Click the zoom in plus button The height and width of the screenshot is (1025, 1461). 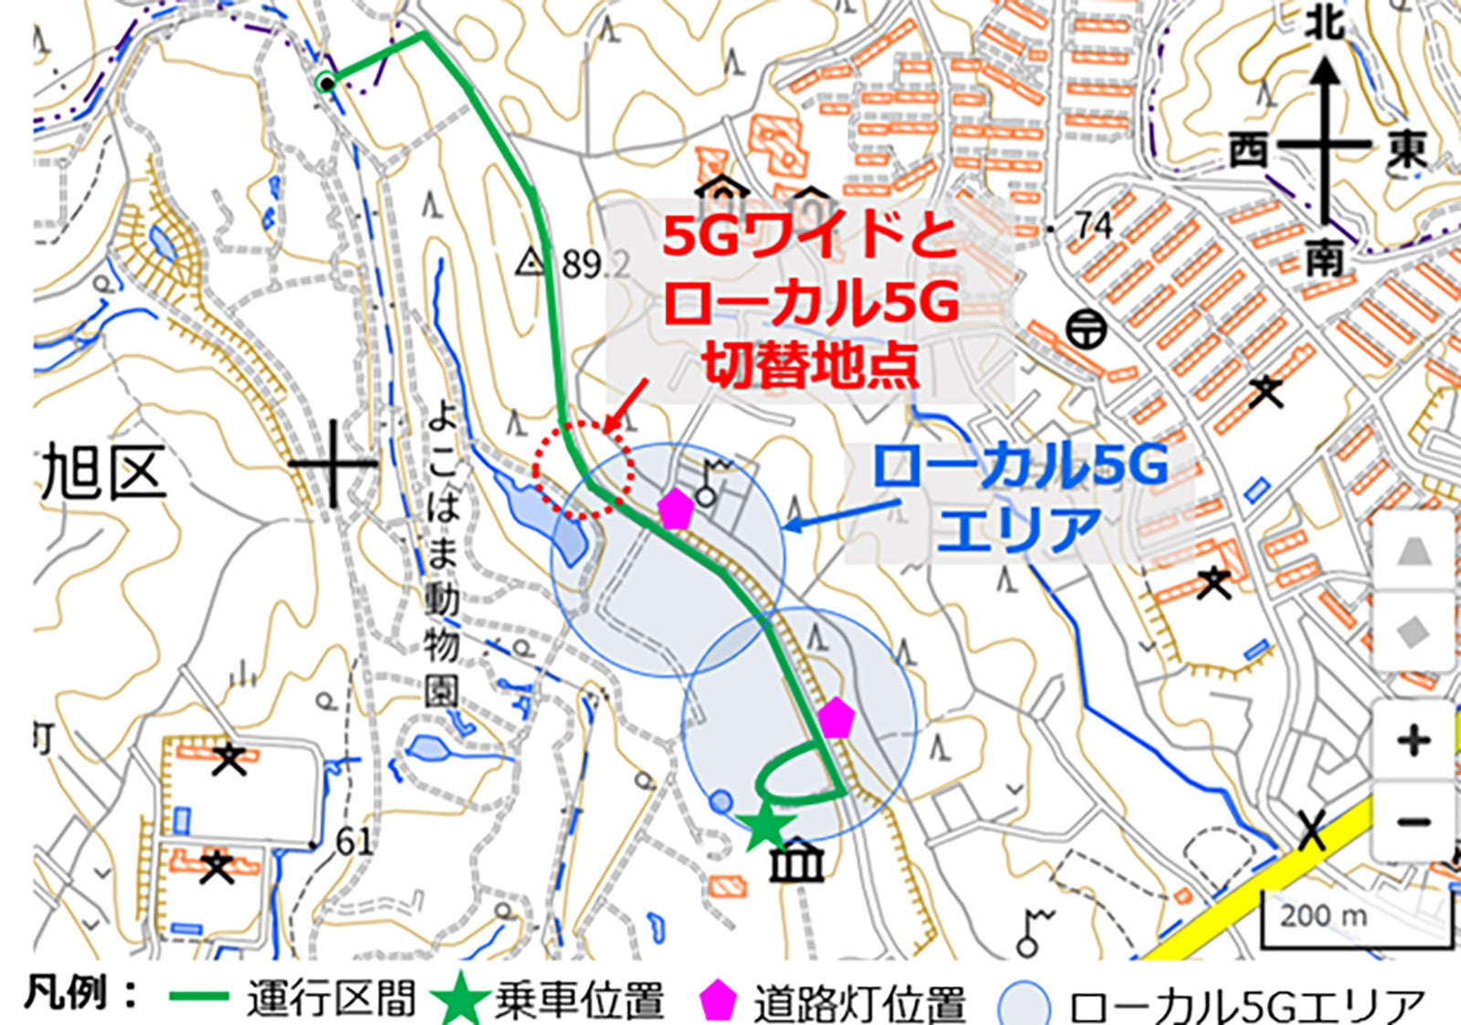[x=1414, y=740]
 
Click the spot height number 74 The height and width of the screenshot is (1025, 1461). [x=1093, y=225]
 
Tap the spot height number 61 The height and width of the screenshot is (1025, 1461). [x=353, y=842]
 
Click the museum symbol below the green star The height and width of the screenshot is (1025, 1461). [x=796, y=861]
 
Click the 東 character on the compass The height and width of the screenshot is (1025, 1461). [x=1406, y=150]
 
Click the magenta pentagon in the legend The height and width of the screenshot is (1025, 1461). [x=718, y=1001]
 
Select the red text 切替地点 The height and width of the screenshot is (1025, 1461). [x=810, y=367]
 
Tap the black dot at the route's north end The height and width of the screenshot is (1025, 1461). [x=326, y=83]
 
